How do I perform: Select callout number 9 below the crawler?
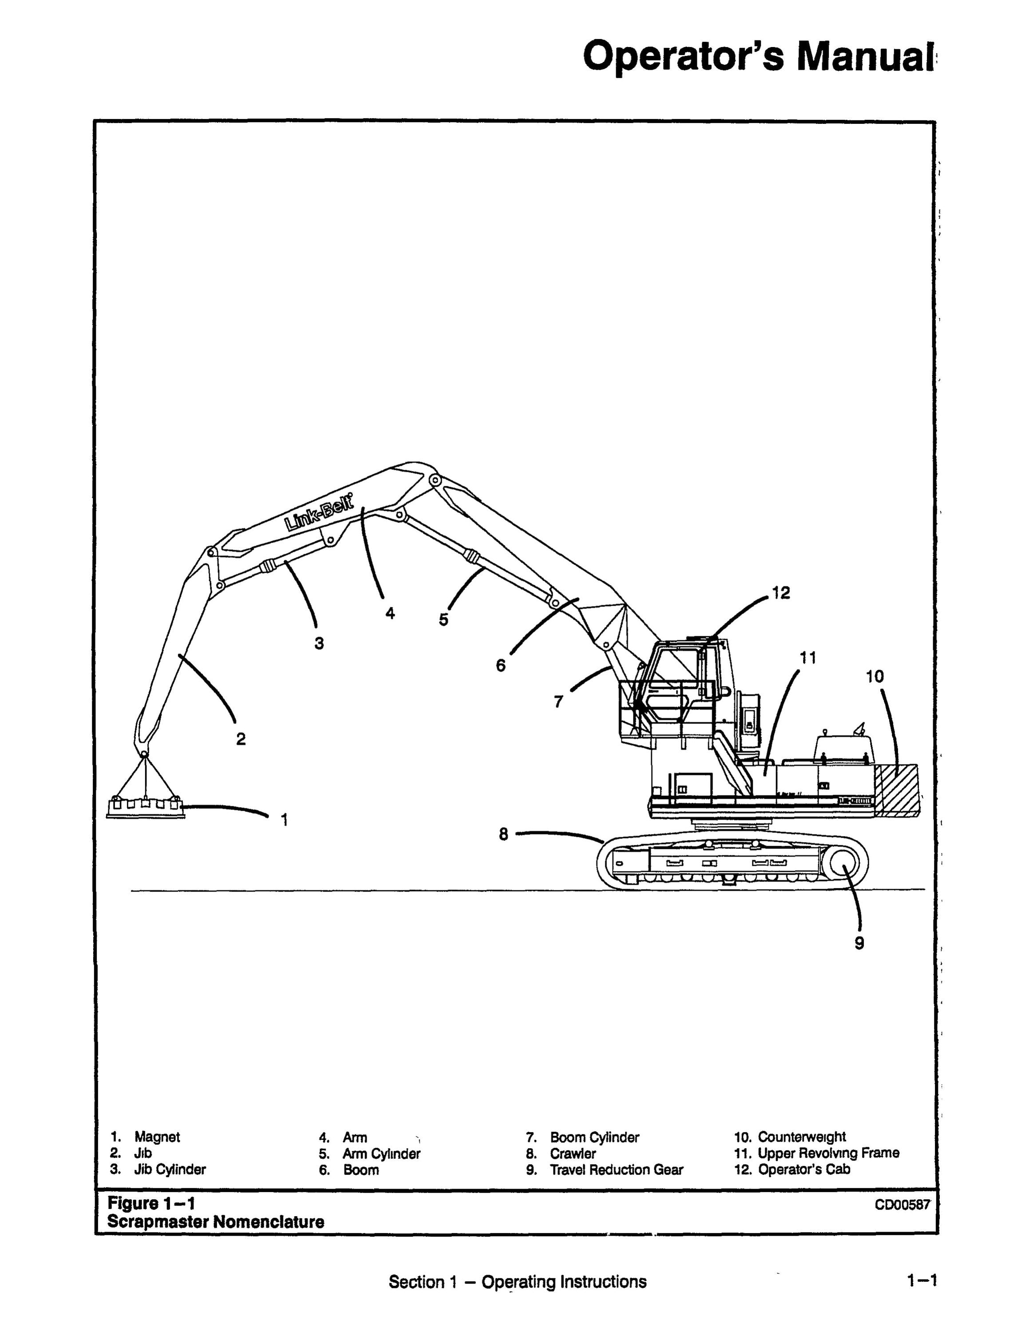pos(859,943)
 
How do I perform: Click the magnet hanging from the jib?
pos(145,808)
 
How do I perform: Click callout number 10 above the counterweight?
pos(875,676)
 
